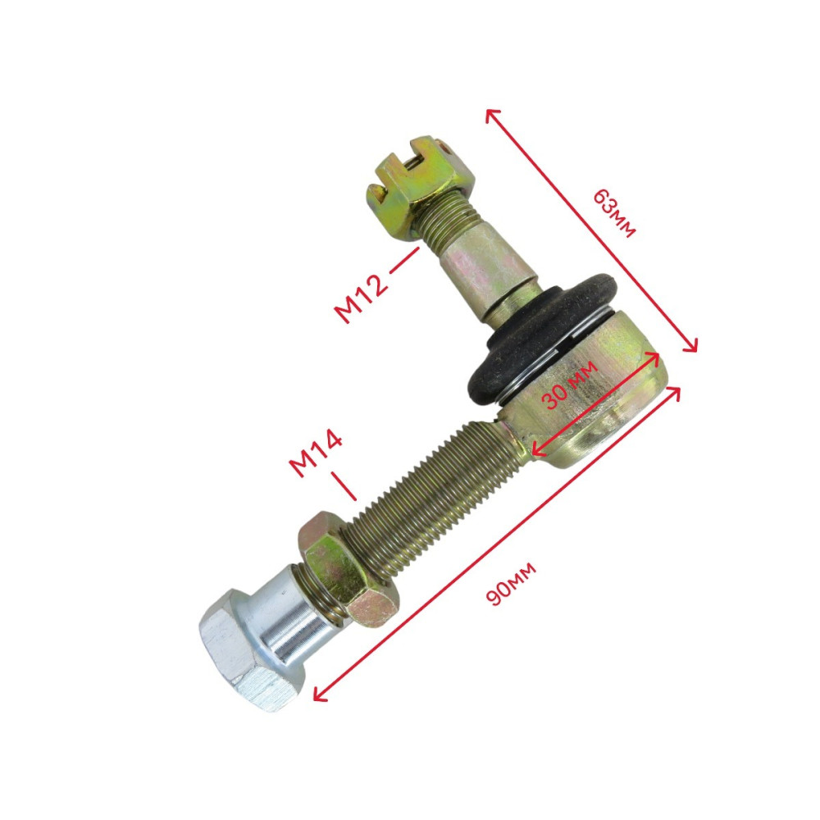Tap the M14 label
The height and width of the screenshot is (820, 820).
(316, 453)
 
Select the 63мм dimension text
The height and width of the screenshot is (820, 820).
(614, 213)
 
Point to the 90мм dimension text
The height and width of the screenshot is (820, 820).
(512, 584)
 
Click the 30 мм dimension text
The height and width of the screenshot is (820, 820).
(569, 385)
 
